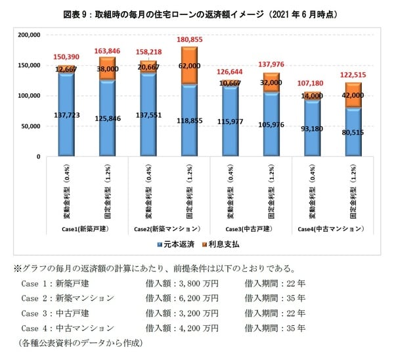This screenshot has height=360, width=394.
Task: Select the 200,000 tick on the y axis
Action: point(29,35)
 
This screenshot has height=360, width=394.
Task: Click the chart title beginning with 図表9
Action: point(196,14)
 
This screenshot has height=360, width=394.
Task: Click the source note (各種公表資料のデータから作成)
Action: point(80,343)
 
